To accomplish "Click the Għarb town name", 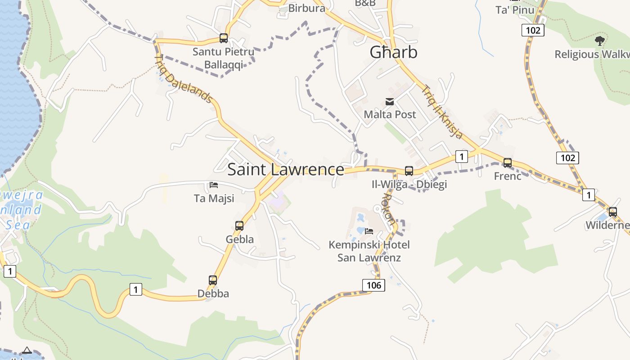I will click(x=393, y=52).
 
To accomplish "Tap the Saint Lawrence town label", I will click(x=286, y=169).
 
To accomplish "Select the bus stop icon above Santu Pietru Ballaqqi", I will click(x=224, y=38).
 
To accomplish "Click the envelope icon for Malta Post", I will click(x=390, y=102).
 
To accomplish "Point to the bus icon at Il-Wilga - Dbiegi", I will click(x=409, y=171).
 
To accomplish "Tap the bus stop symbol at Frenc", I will click(x=508, y=163).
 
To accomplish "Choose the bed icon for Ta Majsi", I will click(x=214, y=185).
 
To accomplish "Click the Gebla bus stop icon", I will click(x=239, y=226).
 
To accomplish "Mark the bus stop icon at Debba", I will click(x=213, y=280).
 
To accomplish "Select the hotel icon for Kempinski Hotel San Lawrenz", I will click(x=369, y=231).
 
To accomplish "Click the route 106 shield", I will click(x=373, y=285).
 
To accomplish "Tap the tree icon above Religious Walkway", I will click(x=599, y=41).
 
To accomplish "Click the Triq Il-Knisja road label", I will click(x=442, y=112).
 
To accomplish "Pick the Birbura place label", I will click(x=306, y=8).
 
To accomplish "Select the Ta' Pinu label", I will click(x=515, y=10).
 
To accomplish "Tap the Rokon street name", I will click(x=388, y=209).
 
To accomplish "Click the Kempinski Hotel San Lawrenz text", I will click(x=369, y=251).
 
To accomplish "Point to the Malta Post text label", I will click(x=390, y=114).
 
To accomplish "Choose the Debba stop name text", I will click(x=213, y=293).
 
